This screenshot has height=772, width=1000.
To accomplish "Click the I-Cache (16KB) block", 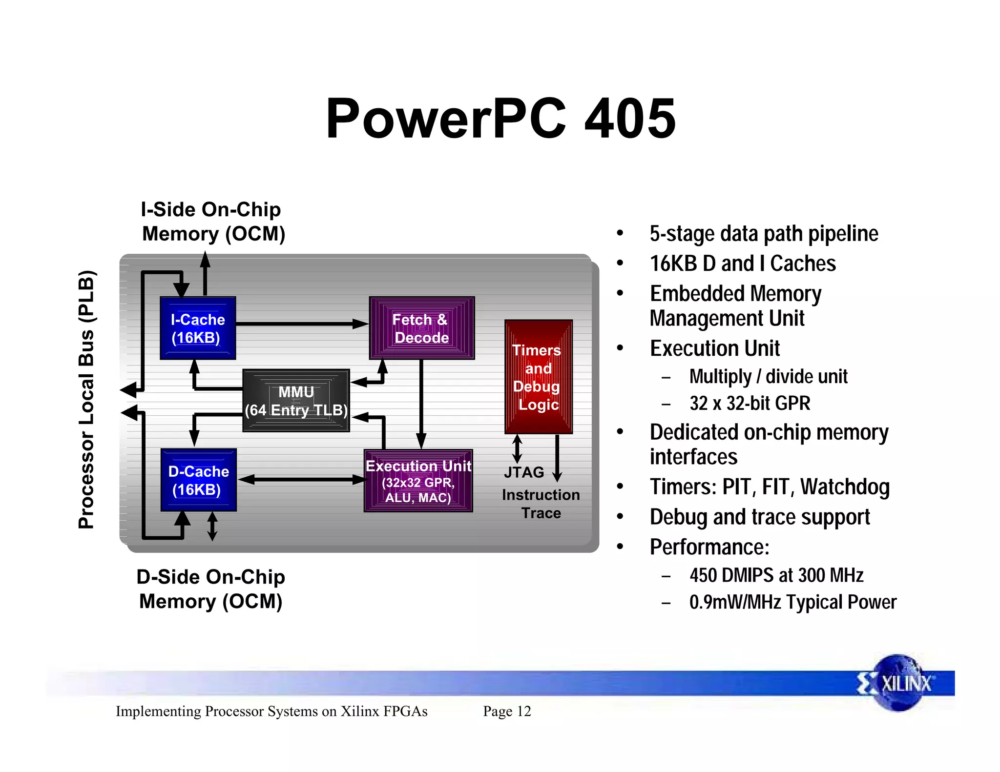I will [x=198, y=328].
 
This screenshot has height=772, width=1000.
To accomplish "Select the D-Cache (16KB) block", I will [x=198, y=480].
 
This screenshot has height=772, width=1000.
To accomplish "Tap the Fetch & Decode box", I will [x=421, y=328].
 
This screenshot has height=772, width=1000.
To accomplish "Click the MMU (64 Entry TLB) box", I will [x=296, y=401].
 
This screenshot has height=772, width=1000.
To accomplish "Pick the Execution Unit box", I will [x=418, y=481].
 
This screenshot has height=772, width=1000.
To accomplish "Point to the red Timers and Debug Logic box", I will [x=538, y=377].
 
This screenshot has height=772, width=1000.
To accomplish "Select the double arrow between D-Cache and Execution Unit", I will [x=302, y=480].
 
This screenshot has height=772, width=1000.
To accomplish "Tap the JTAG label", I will [x=524, y=472].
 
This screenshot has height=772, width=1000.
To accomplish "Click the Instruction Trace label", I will [x=541, y=504].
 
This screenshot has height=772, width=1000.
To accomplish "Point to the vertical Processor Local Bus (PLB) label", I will [x=86, y=399].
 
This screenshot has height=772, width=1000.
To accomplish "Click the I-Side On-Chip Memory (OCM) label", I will [x=213, y=222].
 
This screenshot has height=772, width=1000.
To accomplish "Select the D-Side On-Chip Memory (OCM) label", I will [x=211, y=589].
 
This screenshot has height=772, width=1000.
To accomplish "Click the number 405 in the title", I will [x=630, y=119].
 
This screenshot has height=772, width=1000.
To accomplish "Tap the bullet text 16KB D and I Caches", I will [x=742, y=264].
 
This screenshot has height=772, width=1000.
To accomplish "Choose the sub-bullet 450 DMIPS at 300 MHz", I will [x=776, y=575].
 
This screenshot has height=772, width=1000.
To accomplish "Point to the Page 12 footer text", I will [x=507, y=711].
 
